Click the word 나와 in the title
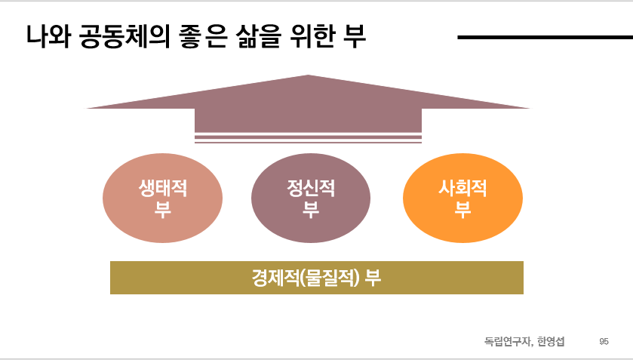pos(47,36)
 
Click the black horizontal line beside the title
pos(544,36)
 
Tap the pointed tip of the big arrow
pos(308,77)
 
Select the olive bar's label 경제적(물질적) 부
pos(316,278)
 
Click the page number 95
pos(604,341)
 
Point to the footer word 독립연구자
pos(508,341)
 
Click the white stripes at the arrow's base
pos(308,137)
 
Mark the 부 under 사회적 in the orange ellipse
pos(462,210)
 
